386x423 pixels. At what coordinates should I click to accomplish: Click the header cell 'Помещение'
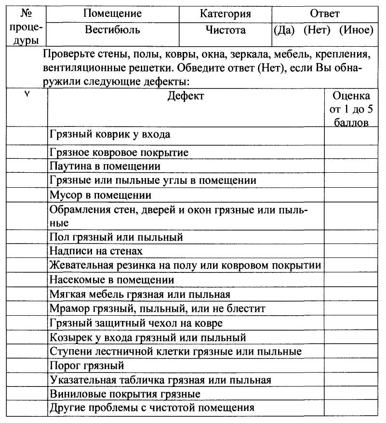[113, 13]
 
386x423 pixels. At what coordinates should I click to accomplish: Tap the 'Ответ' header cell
[324, 13]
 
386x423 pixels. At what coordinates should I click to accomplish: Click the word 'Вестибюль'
[113, 30]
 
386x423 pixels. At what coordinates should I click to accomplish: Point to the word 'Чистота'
[226, 30]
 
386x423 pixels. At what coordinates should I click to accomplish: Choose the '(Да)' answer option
[284, 30]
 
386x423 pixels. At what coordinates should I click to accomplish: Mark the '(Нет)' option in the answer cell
[317, 30]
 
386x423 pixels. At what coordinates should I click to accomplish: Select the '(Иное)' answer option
[356, 30]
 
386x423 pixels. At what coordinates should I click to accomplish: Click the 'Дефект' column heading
[186, 96]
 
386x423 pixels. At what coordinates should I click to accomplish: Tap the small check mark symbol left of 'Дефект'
[27, 94]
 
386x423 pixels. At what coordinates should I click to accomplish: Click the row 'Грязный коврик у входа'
[110, 134]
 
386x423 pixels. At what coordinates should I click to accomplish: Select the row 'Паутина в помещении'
[105, 166]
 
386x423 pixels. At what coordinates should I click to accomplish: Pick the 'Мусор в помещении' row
[101, 195]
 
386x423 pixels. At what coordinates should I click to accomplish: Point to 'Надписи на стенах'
[96, 251]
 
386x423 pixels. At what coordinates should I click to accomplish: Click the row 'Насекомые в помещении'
[112, 280]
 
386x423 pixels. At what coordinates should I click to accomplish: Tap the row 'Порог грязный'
[87, 365]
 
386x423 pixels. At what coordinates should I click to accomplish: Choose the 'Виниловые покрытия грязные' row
[125, 394]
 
